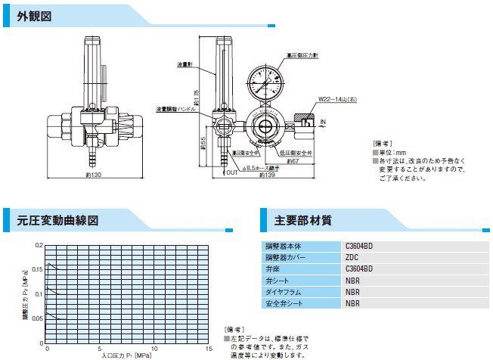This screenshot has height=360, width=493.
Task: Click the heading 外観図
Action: coord(35,16)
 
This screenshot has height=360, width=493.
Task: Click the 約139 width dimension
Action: coord(265,175)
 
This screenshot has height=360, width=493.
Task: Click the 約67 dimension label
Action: coord(274,160)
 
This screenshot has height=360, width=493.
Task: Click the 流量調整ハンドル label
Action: coord(175,109)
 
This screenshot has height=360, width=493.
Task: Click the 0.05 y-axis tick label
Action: coord(38,318)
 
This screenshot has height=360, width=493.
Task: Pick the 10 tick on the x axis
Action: coord(154,349)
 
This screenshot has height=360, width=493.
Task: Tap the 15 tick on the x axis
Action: coord(209,349)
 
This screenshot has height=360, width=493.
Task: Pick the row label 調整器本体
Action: coord(281,246)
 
